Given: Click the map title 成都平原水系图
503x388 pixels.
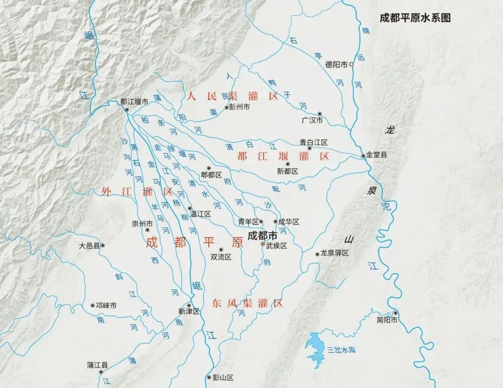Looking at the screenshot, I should coord(415,18).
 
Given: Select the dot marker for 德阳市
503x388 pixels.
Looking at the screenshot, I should coord(352,65).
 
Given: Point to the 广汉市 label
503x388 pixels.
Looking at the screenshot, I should coord(312,121).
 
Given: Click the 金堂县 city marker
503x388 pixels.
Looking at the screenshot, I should coord(364,156).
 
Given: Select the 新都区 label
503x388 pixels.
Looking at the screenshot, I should coord(287,171).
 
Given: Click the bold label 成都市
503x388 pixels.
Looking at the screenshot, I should coord(262,235).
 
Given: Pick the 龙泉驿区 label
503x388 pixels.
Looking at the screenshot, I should coord(334,253).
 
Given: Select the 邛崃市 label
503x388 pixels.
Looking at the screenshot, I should coord(106,306).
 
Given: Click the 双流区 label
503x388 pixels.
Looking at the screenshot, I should coord(221,257).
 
